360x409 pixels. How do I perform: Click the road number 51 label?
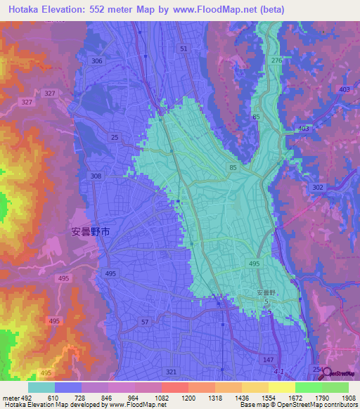(x=184, y=48)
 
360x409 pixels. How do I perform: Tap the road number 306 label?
(x=97, y=61)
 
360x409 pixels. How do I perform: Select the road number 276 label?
(x=276, y=62)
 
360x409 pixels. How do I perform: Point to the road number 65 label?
(x=256, y=117)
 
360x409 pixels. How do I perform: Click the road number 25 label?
(x=115, y=138)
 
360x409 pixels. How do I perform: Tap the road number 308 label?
(x=96, y=176)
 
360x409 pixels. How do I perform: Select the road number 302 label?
(x=318, y=187)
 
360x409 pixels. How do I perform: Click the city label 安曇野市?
(x=91, y=231)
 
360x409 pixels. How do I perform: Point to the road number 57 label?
(x=145, y=321)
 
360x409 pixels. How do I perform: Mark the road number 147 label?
(x=268, y=359)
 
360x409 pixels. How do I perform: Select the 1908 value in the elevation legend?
(x=349, y=398)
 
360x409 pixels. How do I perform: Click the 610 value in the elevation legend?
(x=42, y=398)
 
